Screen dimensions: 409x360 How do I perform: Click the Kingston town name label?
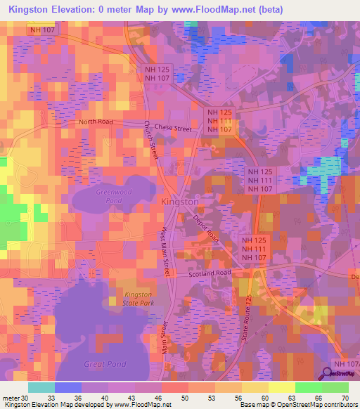point(180,202)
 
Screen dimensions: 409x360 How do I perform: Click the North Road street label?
point(96,122)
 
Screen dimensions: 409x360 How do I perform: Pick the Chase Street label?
point(173,128)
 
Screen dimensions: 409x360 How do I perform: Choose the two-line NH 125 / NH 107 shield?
point(157,74)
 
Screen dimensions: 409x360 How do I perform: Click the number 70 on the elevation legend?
point(345,397)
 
